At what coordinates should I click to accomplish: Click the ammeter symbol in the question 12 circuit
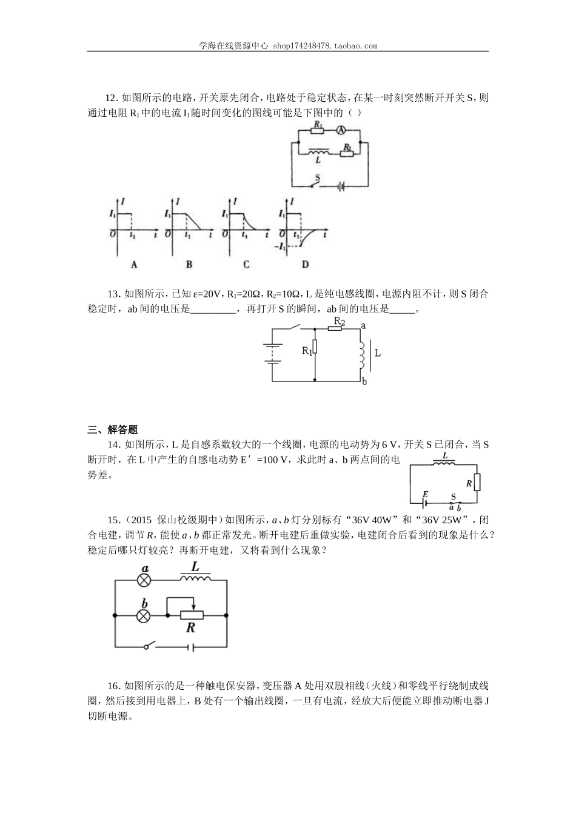(x=341, y=130)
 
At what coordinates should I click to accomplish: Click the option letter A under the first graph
(x=134, y=264)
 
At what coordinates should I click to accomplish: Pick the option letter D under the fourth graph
(x=305, y=264)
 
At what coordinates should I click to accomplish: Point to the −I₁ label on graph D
(x=280, y=246)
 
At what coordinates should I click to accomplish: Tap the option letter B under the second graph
(x=189, y=264)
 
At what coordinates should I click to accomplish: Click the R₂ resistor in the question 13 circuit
(x=336, y=329)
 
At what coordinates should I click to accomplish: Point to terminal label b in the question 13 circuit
(x=363, y=382)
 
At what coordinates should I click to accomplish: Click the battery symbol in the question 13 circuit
(x=272, y=354)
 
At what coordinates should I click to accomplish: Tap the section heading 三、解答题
(x=113, y=430)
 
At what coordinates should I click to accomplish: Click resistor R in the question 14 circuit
(x=477, y=483)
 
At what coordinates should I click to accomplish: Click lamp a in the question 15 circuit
(x=144, y=580)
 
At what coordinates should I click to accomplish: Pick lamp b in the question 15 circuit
(x=144, y=615)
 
